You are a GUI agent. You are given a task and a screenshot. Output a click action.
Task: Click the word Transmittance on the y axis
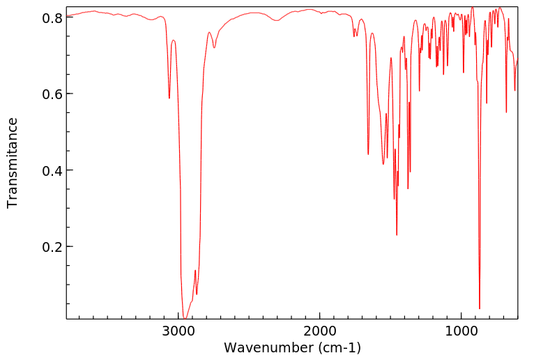coord(13,163)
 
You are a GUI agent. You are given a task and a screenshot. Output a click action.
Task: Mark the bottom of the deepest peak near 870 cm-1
coord(480,308)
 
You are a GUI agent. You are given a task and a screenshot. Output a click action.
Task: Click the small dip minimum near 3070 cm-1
coord(169,98)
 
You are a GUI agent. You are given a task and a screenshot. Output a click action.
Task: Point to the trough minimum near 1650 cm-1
coord(368,154)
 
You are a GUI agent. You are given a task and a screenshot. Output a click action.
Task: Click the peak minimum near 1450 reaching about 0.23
coord(397,235)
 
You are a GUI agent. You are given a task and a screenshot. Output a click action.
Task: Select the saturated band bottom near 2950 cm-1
coord(185,317)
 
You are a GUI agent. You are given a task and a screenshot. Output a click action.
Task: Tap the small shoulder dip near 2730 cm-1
coord(215,47)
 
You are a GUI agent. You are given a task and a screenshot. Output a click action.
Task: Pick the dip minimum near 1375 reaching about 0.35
coord(408,188)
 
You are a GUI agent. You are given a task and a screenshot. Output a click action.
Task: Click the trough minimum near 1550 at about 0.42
coord(383,164)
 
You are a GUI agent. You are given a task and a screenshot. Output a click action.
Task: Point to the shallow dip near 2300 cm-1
coord(277,21)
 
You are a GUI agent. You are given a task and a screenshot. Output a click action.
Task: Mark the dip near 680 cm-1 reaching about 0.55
coord(507,112)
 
